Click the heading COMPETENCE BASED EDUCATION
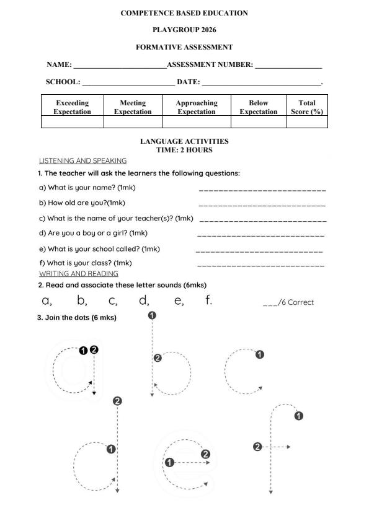pos(184,13)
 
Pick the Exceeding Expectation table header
pos(72,107)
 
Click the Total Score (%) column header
pos(307,107)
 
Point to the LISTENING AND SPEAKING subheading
pos(82,160)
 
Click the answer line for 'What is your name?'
pos(262,190)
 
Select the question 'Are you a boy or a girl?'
pos(93,233)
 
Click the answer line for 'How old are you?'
pos(262,205)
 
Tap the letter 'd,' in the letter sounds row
pos(144,301)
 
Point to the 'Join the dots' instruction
pos(77,318)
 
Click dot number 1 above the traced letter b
pos(153,315)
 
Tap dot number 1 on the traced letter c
pos(260,355)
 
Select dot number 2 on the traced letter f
pos(258,447)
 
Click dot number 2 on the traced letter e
pos(206,454)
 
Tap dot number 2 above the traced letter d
pos(117,401)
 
